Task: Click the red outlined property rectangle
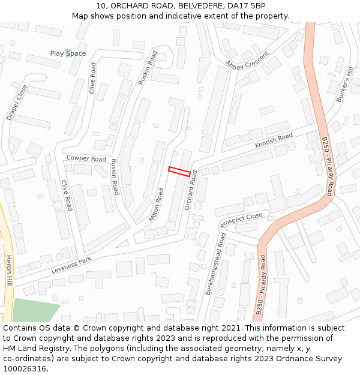point(180,172)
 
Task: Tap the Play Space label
point(68,53)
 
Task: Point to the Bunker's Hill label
point(344,85)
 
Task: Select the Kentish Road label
point(274,141)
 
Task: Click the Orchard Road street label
point(191,190)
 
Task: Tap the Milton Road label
point(156,205)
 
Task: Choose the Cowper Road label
point(86,158)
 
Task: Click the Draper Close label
point(17,103)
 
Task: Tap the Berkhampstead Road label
point(215,263)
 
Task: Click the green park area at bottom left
point(33,310)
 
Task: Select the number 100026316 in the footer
point(25,368)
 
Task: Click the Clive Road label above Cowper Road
point(92,79)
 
